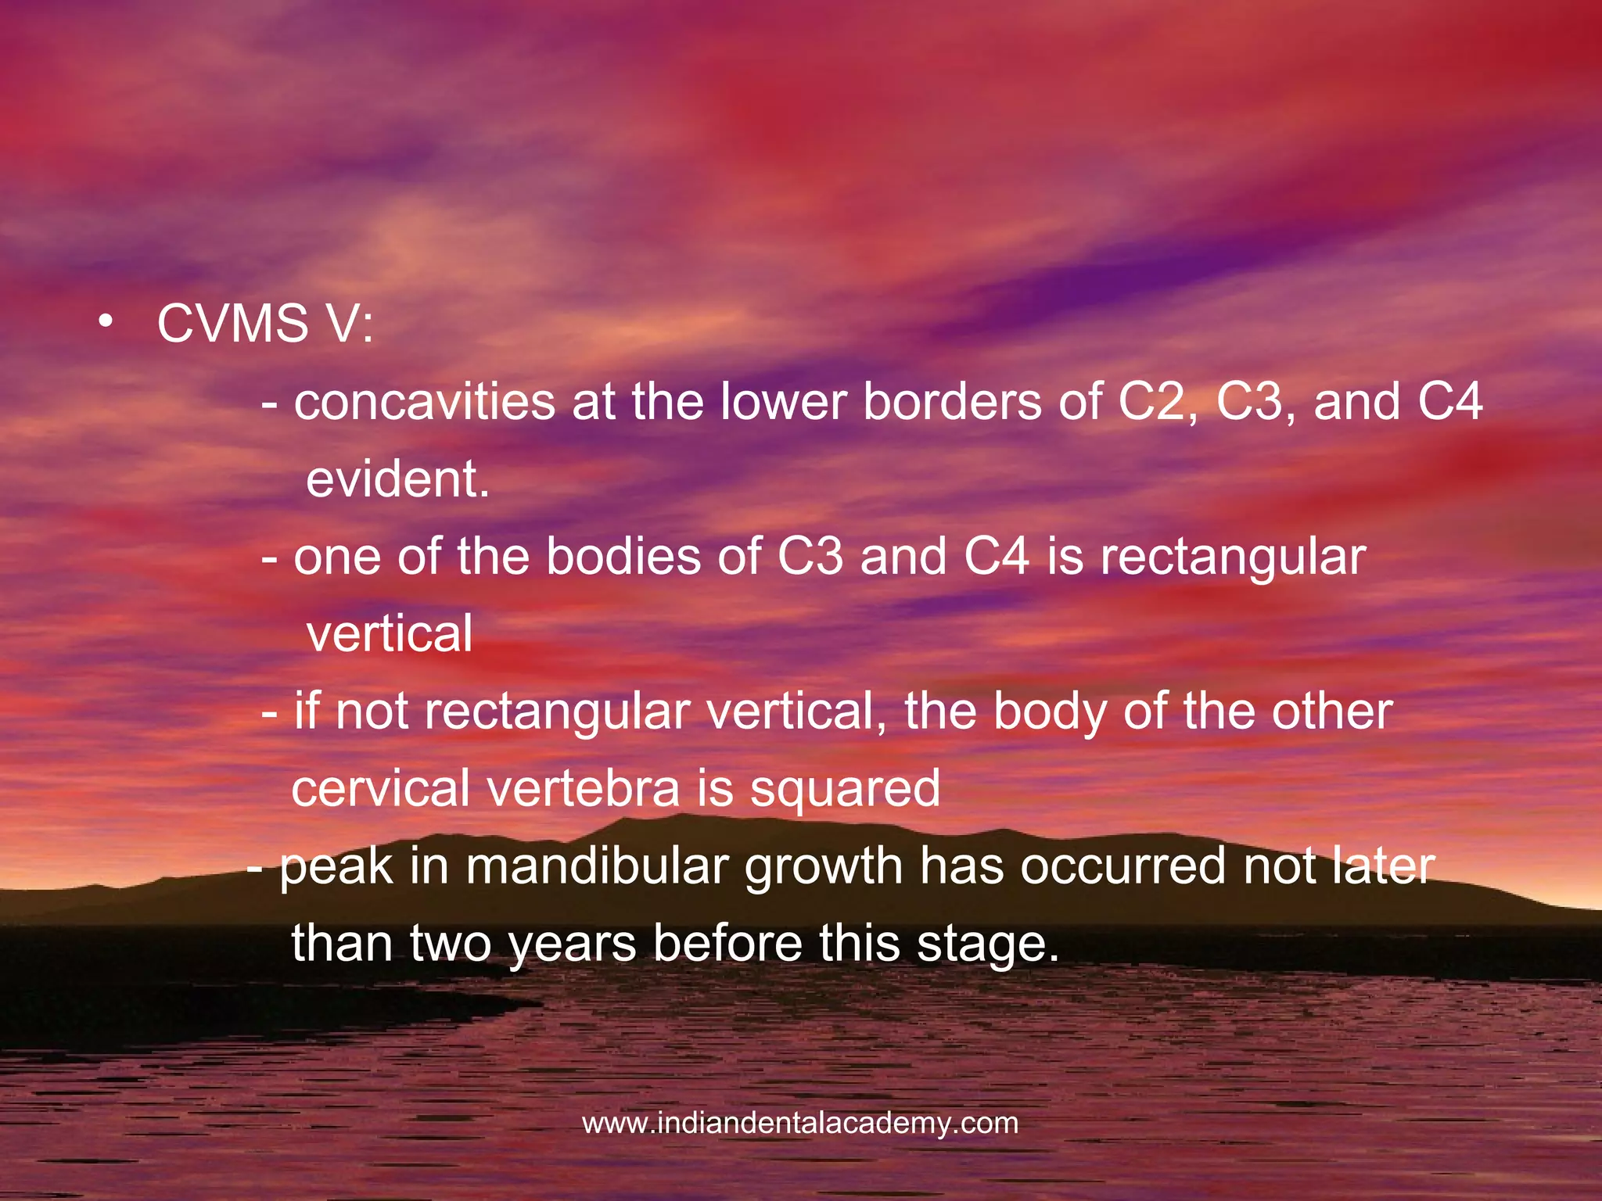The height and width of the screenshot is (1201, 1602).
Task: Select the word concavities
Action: [425, 402]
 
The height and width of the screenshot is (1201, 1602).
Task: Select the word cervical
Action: [380, 788]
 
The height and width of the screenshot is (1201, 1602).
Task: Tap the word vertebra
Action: [584, 788]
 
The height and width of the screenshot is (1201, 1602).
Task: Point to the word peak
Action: [336, 868]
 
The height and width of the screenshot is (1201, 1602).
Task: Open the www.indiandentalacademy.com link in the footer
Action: [800, 1124]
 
